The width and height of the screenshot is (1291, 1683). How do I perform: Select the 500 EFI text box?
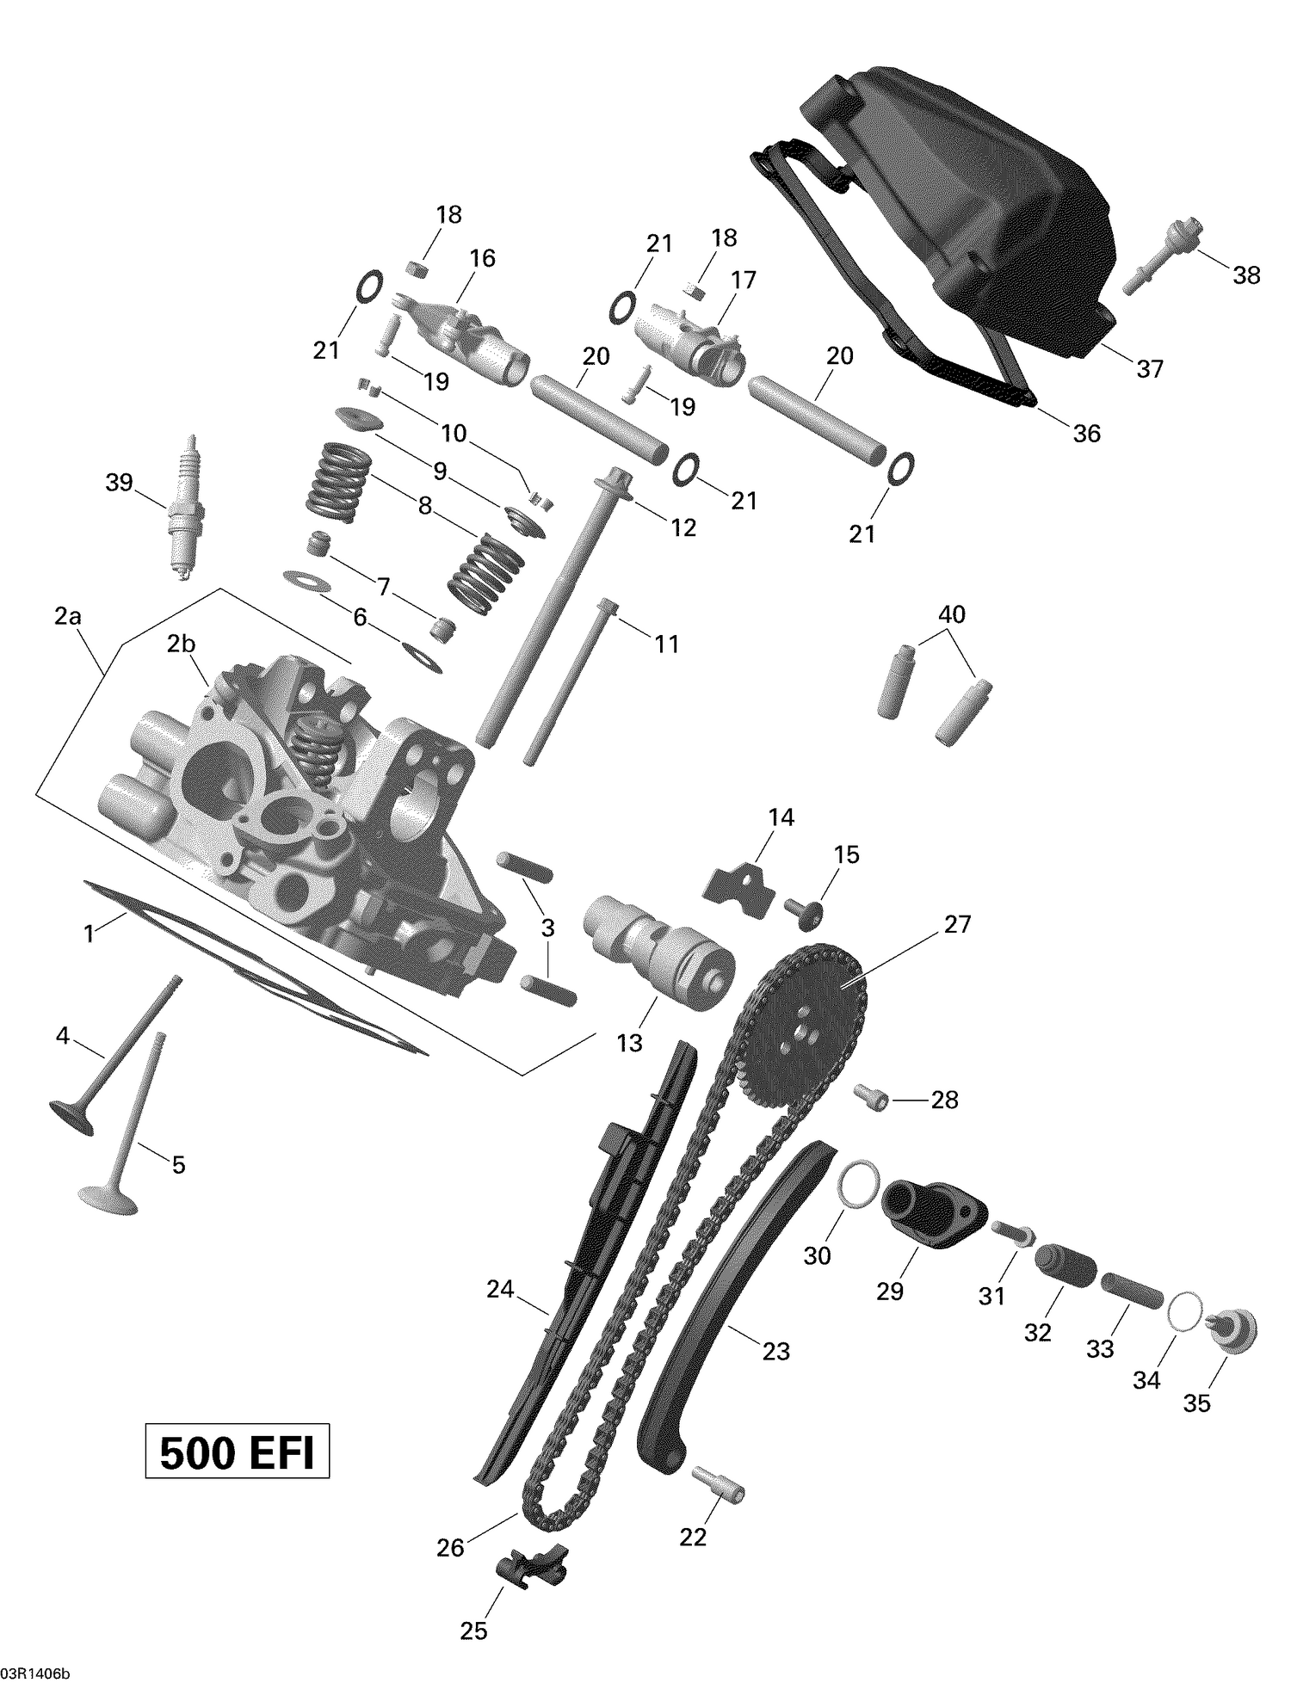237,1453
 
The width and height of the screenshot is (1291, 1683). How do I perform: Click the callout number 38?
1246,275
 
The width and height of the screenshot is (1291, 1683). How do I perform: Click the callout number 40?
952,614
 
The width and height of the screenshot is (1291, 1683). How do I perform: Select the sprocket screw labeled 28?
869,1094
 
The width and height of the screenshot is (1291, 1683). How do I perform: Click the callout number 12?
683,527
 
